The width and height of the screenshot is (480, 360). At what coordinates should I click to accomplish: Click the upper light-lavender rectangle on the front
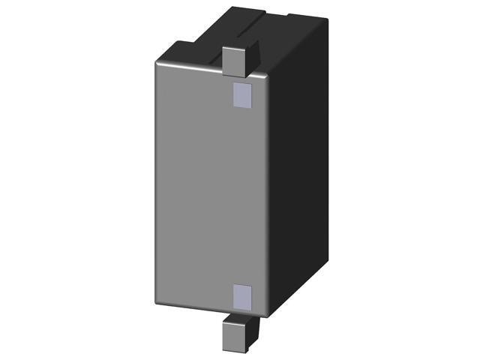[241, 94]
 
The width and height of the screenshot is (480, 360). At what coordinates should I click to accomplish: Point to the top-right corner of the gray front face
[265, 76]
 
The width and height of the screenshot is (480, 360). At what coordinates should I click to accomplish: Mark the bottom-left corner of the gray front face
[158, 302]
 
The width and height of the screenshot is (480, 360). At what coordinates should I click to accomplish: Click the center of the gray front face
[210, 187]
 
